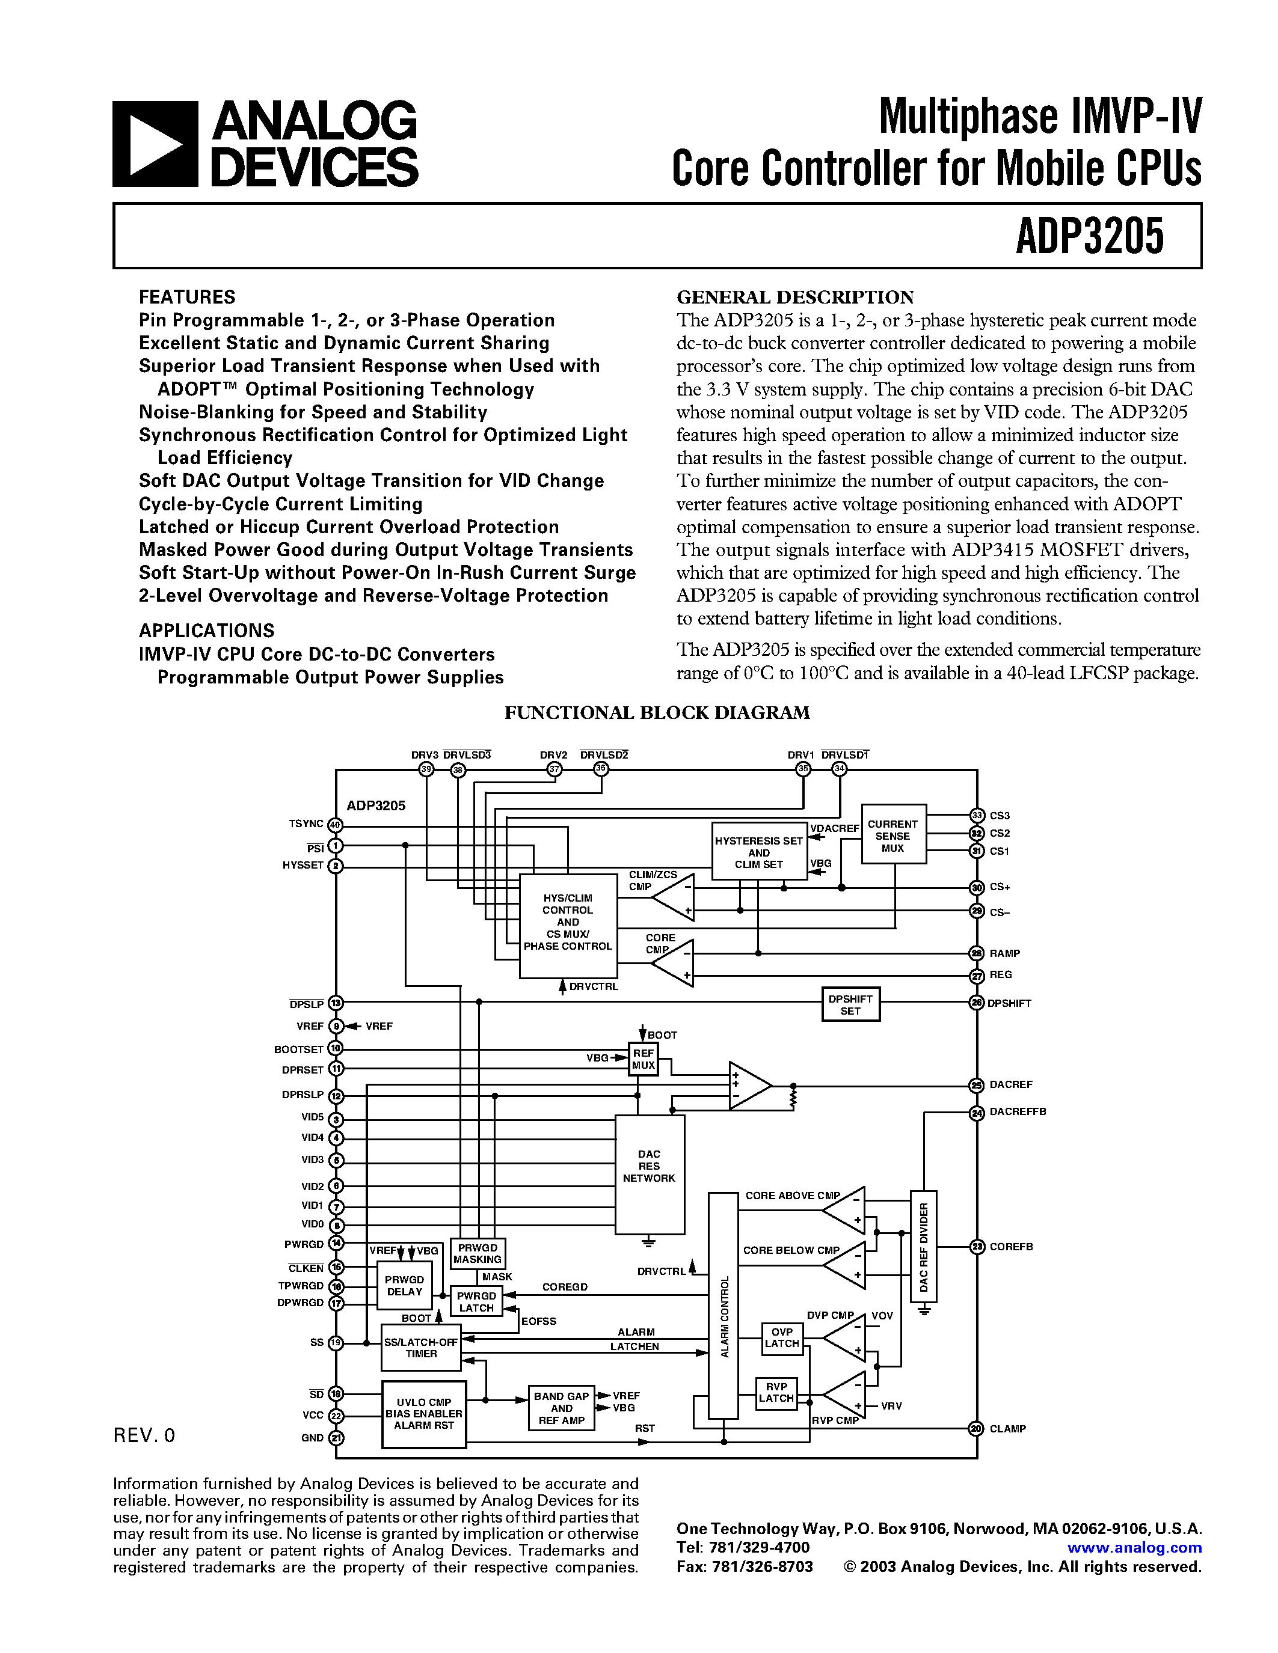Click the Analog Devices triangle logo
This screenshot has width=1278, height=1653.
pyautogui.click(x=155, y=144)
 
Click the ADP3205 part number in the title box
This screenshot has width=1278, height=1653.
pyautogui.click(x=1090, y=236)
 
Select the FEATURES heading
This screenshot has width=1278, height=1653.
pyautogui.click(x=187, y=297)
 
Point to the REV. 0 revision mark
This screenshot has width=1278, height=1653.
pyautogui.click(x=144, y=1436)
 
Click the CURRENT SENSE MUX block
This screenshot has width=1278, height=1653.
pyautogui.click(x=893, y=834)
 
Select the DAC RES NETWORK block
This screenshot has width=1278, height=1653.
pyautogui.click(x=650, y=1174)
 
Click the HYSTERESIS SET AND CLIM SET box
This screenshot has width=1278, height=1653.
pyautogui.click(x=758, y=852)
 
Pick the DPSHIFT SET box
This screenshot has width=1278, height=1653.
pyautogui.click(x=850, y=1004)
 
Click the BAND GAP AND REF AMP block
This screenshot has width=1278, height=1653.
pyautogui.click(x=561, y=1408)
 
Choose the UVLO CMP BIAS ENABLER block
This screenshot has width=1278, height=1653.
pyautogui.click(x=424, y=1413)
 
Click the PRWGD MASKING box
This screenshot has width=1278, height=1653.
pyautogui.click(x=478, y=1253)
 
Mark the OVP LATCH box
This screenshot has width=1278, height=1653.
pyautogui.click(x=781, y=1337)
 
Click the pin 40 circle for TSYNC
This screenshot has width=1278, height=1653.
pyautogui.click(x=336, y=825)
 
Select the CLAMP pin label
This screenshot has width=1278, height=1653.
pyautogui.click(x=1008, y=1429)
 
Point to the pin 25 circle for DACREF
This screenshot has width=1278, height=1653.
pyautogui.click(x=977, y=1086)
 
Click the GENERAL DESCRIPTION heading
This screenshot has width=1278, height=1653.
pyautogui.click(x=795, y=297)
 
